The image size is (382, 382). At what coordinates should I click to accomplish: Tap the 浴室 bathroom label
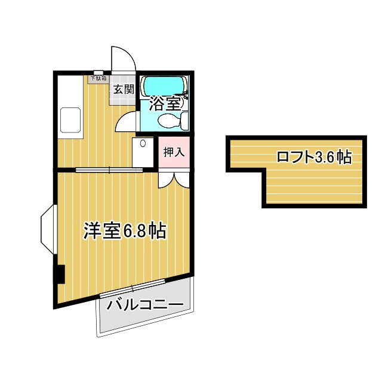(x=164, y=103)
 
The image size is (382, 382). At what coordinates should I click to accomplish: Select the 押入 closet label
(x=174, y=152)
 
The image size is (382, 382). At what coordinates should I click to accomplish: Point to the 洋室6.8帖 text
(x=124, y=230)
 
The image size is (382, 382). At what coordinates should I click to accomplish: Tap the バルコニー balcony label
(x=145, y=306)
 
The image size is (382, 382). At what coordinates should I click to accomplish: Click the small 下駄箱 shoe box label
(x=98, y=78)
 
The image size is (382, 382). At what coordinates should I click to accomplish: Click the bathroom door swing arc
(x=127, y=121)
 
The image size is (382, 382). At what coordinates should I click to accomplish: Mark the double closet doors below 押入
(x=174, y=179)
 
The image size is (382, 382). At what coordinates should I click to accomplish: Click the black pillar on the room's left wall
(x=59, y=274)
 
